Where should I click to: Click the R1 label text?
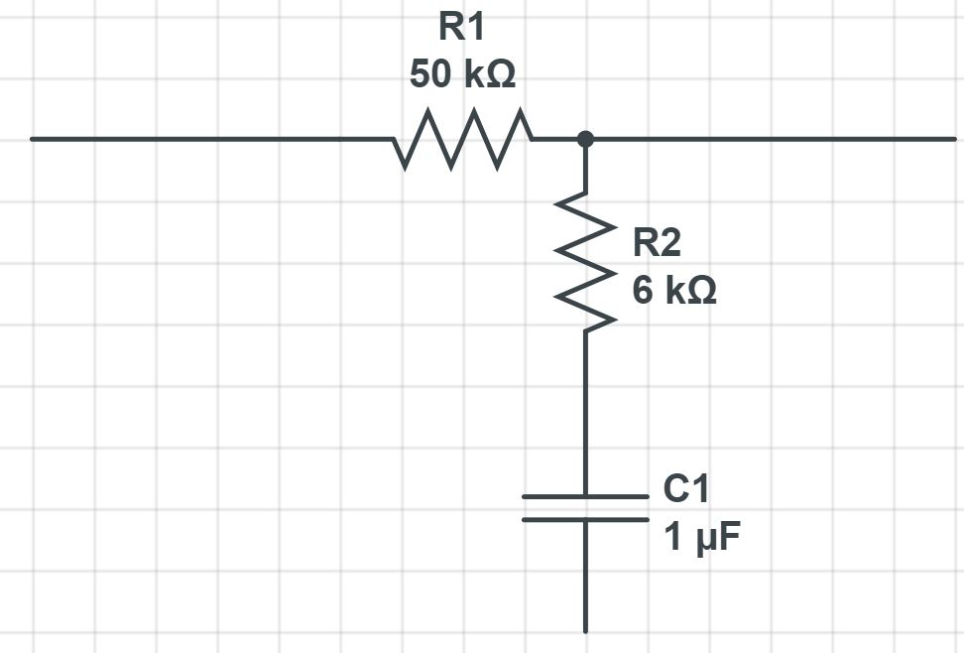pyautogui.click(x=462, y=28)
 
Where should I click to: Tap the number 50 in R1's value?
pyautogui.click(x=431, y=74)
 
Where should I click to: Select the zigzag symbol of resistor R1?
pyautogui.click(x=462, y=139)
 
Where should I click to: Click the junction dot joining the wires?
pyautogui.click(x=585, y=139)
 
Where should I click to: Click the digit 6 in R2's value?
pyautogui.click(x=643, y=291)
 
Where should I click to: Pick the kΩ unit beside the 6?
pyautogui.click(x=688, y=291)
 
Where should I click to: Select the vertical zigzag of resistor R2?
pyautogui.click(x=585, y=260)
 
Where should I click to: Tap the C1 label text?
pyautogui.click(x=685, y=489)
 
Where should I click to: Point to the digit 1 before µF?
pyautogui.click(x=672, y=538)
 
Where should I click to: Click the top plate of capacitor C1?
pyautogui.click(x=585, y=496)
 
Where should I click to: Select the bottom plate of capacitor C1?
pyautogui.click(x=585, y=519)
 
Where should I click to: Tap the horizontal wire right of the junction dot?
pyautogui.click(x=774, y=139)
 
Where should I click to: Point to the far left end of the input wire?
pyautogui.click(x=34, y=139)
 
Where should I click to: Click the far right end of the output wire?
pyautogui.click(x=953, y=139)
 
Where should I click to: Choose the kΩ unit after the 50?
pyautogui.click(x=489, y=74)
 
